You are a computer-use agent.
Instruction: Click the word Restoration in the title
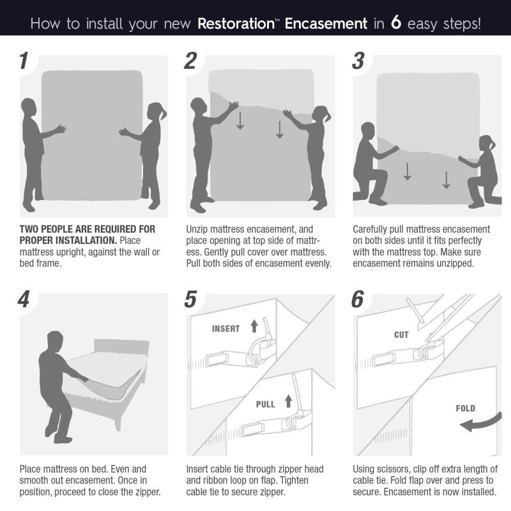tap(236, 24)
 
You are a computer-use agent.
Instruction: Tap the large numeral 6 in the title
tap(395, 22)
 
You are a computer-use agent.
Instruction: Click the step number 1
tap(24, 61)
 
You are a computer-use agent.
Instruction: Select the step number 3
tap(358, 61)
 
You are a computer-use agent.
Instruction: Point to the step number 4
tap(24, 299)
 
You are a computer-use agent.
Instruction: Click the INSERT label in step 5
tap(226, 328)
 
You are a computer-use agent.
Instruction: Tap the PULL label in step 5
tap(265, 404)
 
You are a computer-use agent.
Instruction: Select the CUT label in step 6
tap(401, 335)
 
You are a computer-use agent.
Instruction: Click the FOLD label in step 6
tap(466, 408)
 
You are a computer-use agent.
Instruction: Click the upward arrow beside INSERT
tap(254, 326)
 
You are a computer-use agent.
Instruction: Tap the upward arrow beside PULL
tap(289, 401)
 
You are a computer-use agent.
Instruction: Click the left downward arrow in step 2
tap(240, 121)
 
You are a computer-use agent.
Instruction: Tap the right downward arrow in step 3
tap(446, 180)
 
